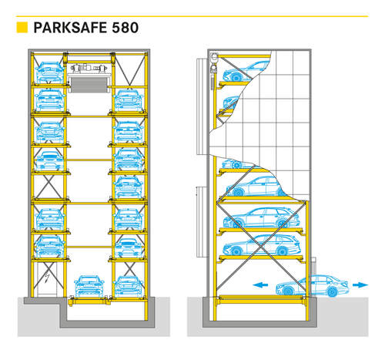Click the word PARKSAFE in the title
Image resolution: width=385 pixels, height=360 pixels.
click(x=70, y=28)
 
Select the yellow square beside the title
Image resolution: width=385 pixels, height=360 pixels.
click(x=22, y=28)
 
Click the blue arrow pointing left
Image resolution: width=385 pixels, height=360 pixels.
click(x=260, y=284)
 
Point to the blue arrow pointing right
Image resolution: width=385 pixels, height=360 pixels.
click(x=360, y=284)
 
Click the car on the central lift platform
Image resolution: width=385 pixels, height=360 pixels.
click(x=89, y=286)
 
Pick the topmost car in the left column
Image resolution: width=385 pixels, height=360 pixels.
click(x=50, y=72)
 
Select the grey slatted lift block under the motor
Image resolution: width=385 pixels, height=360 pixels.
click(x=89, y=85)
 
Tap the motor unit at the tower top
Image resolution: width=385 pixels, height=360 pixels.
click(x=89, y=68)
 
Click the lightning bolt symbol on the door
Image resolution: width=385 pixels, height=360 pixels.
click(x=47, y=278)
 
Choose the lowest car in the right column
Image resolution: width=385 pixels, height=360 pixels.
click(x=129, y=287)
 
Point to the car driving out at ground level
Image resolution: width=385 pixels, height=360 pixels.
click(x=313, y=286)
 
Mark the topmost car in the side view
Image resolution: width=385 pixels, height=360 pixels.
click(x=244, y=71)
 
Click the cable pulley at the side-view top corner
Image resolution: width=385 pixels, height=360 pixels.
click(x=213, y=56)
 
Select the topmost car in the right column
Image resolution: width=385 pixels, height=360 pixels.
click(x=129, y=100)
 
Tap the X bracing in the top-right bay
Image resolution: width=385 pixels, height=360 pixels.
click(x=129, y=70)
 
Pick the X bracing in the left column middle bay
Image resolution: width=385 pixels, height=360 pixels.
click(x=49, y=187)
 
